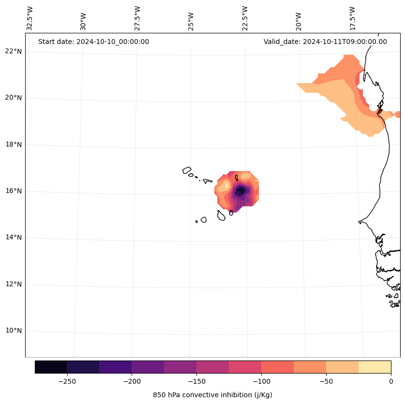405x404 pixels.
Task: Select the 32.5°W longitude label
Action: click(30, 18)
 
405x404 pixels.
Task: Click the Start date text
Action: click(93, 42)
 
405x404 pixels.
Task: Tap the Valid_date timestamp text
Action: click(325, 42)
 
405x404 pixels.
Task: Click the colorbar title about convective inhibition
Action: click(212, 395)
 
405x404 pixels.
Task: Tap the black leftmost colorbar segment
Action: click(51, 367)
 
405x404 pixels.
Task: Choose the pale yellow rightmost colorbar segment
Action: click(375, 367)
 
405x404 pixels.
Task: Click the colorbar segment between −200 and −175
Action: click(148, 367)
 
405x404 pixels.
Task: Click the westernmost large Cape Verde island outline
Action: click(187, 170)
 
